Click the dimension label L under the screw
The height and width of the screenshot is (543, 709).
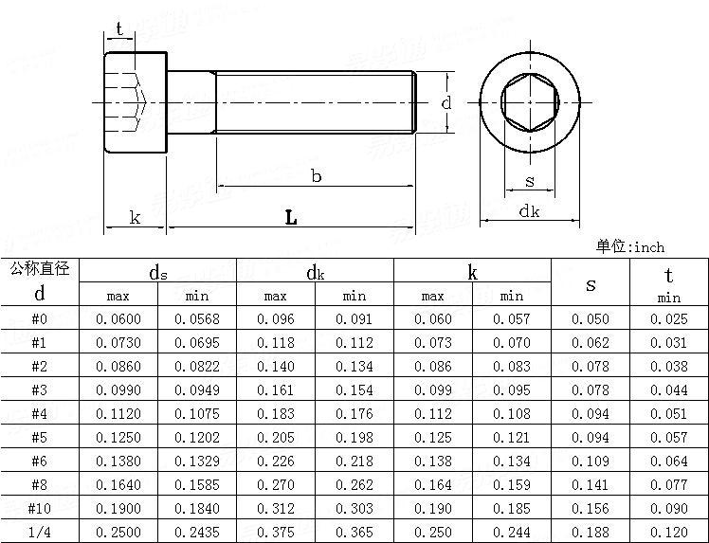pyautogui.click(x=291, y=218)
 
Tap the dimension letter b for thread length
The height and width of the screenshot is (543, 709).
pyautogui.click(x=316, y=175)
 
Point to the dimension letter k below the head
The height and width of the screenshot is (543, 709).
pyautogui.click(x=135, y=218)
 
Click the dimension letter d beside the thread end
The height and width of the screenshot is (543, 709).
pyautogui.click(x=445, y=101)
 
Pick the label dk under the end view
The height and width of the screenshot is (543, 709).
pyautogui.click(x=529, y=211)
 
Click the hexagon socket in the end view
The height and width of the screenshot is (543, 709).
pyautogui.click(x=529, y=101)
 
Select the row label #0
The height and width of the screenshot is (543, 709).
pyautogui.click(x=39, y=318)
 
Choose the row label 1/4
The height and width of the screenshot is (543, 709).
pyautogui.click(x=39, y=532)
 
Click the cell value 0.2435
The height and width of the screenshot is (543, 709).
pyautogui.click(x=196, y=532)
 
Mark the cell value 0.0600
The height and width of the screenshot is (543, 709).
pyautogui.click(x=118, y=318)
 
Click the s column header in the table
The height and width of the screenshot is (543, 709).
pyautogui.click(x=591, y=283)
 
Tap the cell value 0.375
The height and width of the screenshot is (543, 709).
pyautogui.click(x=275, y=532)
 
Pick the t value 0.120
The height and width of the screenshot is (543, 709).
pyautogui.click(x=669, y=532)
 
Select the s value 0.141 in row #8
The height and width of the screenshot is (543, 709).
pyautogui.click(x=591, y=484)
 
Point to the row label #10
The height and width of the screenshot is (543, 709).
pyautogui.click(x=39, y=508)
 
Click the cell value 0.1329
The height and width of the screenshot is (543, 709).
pyautogui.click(x=196, y=461)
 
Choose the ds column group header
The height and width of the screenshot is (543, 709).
pyautogui.click(x=157, y=273)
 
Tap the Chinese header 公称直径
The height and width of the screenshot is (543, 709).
pyautogui.click(x=40, y=269)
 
